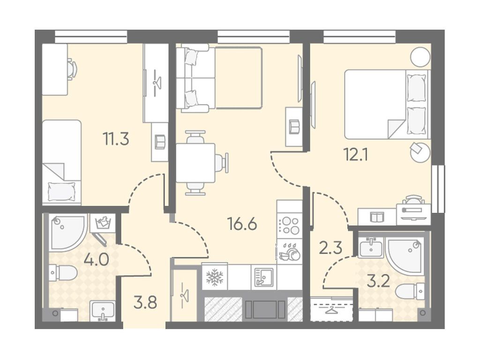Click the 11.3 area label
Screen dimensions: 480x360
pos(116,139)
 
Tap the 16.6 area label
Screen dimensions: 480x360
pos(242,225)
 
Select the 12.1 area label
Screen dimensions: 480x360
pos(356,156)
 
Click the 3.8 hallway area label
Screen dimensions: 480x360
pos(145,303)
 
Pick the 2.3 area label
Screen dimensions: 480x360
pos(330,248)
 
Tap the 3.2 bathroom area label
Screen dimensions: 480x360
pos(378,281)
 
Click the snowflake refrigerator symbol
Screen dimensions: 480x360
pos(215,277)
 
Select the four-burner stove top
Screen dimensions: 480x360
pos(290,225)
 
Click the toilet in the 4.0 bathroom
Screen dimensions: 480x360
pos(63,272)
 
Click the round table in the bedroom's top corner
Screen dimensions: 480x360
pos(420,57)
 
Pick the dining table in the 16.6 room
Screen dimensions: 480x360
pos(195,163)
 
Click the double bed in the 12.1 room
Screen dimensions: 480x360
pos(387,105)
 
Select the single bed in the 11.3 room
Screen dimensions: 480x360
pos(61,162)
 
